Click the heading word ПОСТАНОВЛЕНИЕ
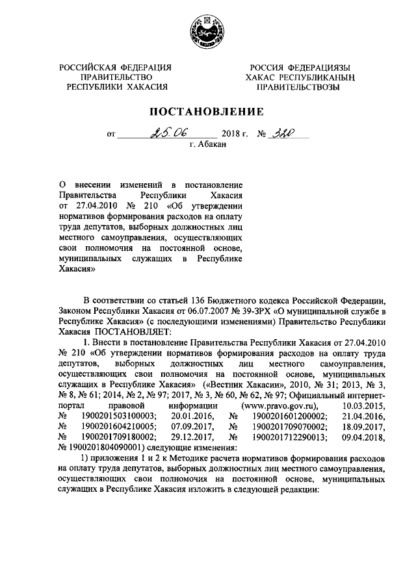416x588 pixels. tap(208, 110)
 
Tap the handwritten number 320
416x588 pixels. tap(283, 134)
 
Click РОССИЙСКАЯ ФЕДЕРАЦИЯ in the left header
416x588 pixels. tap(116, 68)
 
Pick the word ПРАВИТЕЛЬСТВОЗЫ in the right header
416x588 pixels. tap(298, 86)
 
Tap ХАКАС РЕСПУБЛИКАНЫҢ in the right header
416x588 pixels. tap(298, 77)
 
